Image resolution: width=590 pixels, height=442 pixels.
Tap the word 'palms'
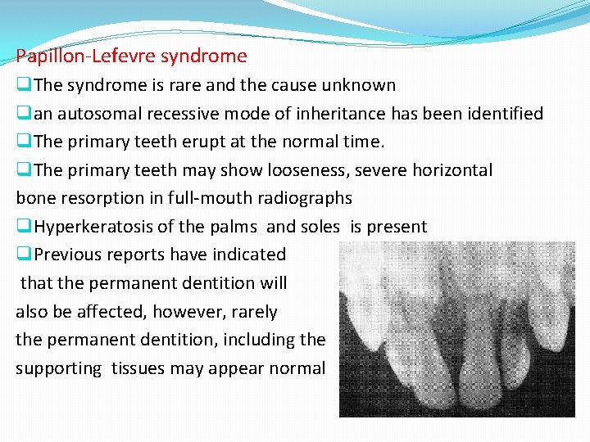[x=239, y=227]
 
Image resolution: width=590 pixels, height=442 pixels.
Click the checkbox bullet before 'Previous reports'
[x=25, y=255]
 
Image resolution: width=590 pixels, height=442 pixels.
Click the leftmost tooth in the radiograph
[x=369, y=327]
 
